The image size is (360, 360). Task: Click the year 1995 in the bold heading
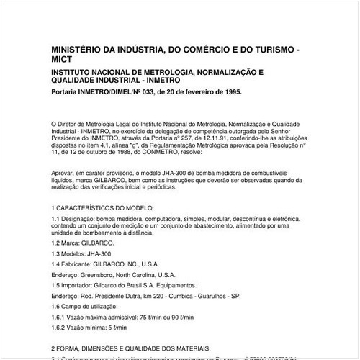(230, 93)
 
